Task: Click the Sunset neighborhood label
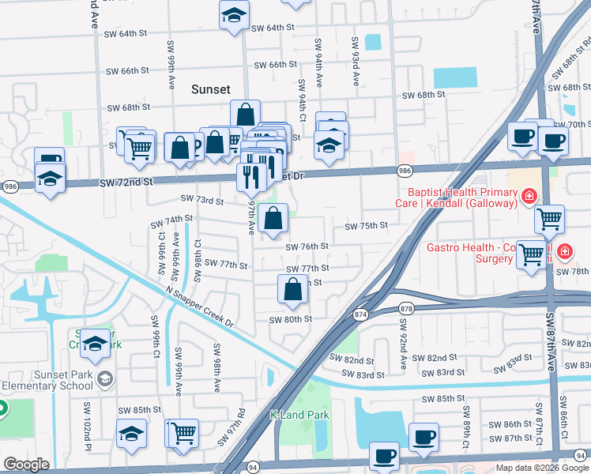pyautogui.click(x=210, y=90)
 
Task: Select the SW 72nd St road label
pyautogui.click(x=125, y=182)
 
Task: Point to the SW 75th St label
pyautogui.click(x=366, y=226)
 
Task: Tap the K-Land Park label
pyautogui.click(x=299, y=415)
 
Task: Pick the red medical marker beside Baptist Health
pyautogui.click(x=528, y=196)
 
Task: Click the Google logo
pyautogui.click(x=26, y=465)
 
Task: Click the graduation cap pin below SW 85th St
pyautogui.click(x=131, y=433)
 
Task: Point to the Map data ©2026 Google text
pyautogui.click(x=542, y=468)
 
